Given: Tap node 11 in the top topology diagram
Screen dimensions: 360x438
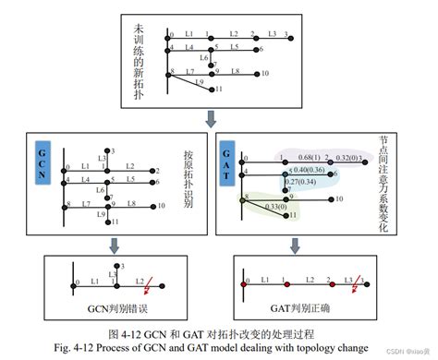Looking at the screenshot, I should [x=212, y=90].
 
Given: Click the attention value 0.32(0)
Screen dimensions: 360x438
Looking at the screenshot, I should [x=347, y=158].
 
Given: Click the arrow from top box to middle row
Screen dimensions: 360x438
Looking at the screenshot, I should [x=213, y=118].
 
